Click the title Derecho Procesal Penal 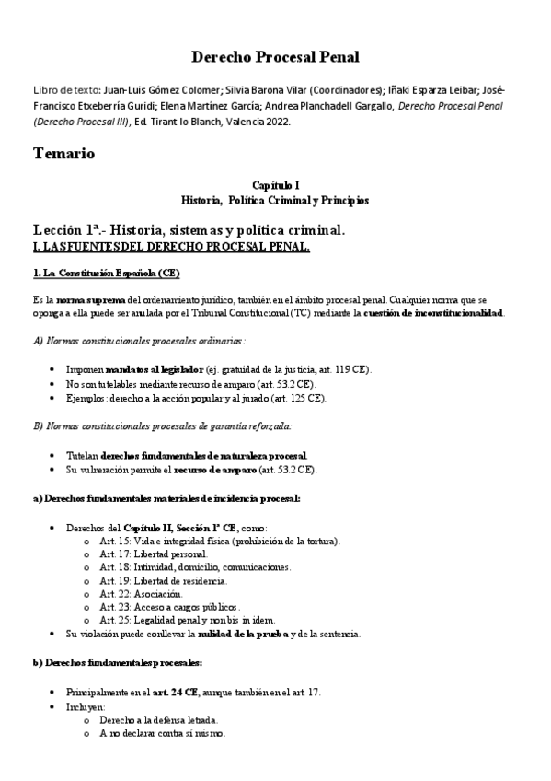[x=274, y=57]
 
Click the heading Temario [x=63, y=153]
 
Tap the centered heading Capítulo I [x=275, y=186]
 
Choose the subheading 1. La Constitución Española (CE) [x=107, y=274]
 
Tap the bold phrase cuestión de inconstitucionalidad [x=432, y=313]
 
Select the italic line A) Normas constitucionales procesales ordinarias [x=139, y=340]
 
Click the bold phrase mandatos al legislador [x=154, y=369]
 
